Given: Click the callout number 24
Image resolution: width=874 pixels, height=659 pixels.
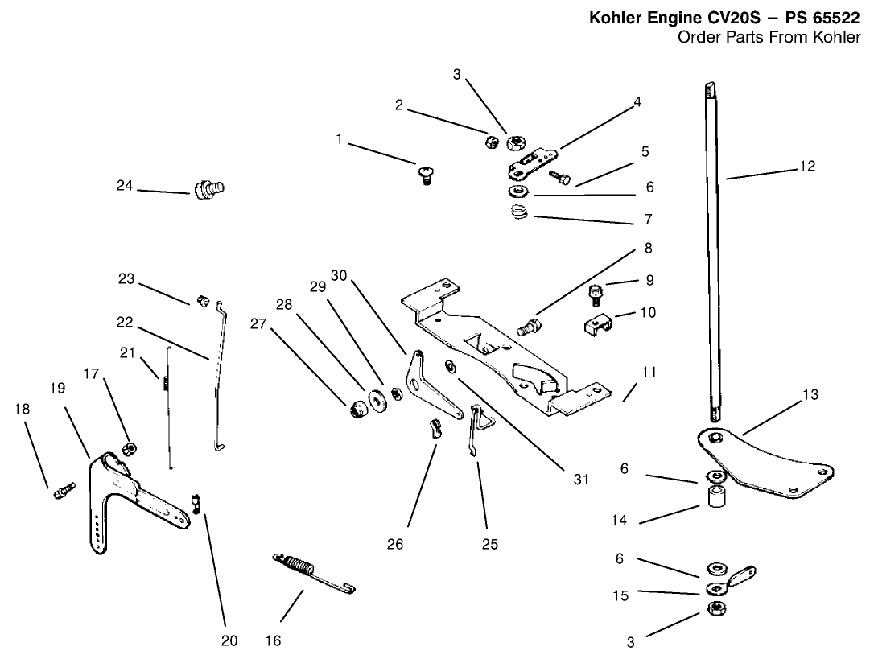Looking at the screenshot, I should tap(124, 185).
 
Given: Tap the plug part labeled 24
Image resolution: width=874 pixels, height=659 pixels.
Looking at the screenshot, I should tap(208, 191).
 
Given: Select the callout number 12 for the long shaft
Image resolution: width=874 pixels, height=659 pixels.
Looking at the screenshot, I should tap(807, 167).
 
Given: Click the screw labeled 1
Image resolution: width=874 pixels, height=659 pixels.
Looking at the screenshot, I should tap(425, 172).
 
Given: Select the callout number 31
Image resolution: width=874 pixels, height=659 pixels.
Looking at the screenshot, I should tap(581, 480).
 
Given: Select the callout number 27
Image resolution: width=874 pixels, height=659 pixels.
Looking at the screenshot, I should tap(257, 323).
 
